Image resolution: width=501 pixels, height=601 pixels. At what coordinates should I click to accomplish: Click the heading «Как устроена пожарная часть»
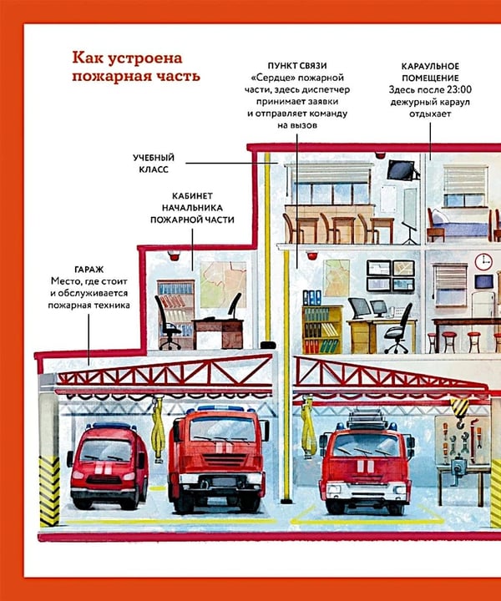coord(136,67)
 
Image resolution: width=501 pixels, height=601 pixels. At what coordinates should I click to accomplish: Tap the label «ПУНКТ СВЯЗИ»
coord(297,66)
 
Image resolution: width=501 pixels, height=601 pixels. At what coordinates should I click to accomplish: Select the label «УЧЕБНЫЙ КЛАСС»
coord(154,164)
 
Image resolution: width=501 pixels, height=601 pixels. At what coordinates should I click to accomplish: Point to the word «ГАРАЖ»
coord(89,270)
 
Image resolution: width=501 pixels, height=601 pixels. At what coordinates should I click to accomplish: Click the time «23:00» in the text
coord(459,89)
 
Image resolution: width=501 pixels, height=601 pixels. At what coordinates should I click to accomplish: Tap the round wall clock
coord(483,262)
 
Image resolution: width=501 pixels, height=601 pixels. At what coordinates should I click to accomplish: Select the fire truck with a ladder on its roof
coord(365,462)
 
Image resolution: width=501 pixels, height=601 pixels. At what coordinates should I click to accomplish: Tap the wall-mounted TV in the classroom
coord(402,170)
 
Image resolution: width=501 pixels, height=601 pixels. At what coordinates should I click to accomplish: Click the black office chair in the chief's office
coord(168,323)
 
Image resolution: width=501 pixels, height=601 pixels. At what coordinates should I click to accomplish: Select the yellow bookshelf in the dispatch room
coord(322,329)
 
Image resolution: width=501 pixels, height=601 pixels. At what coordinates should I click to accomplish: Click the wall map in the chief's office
coord(223,285)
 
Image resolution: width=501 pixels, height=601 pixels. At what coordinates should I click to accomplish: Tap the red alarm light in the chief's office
coord(175,255)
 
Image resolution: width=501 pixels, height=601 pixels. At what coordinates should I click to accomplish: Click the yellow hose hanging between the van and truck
coord(158,430)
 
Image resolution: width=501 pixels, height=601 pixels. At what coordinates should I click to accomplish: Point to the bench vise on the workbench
coord(458,469)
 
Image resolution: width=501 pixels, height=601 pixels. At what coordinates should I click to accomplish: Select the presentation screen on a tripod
coord(410,215)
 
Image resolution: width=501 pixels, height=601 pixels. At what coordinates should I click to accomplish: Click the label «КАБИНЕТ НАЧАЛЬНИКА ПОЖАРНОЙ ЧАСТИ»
coord(192,208)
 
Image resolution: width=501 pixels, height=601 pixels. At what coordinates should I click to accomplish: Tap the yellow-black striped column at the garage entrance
coord(49,492)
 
